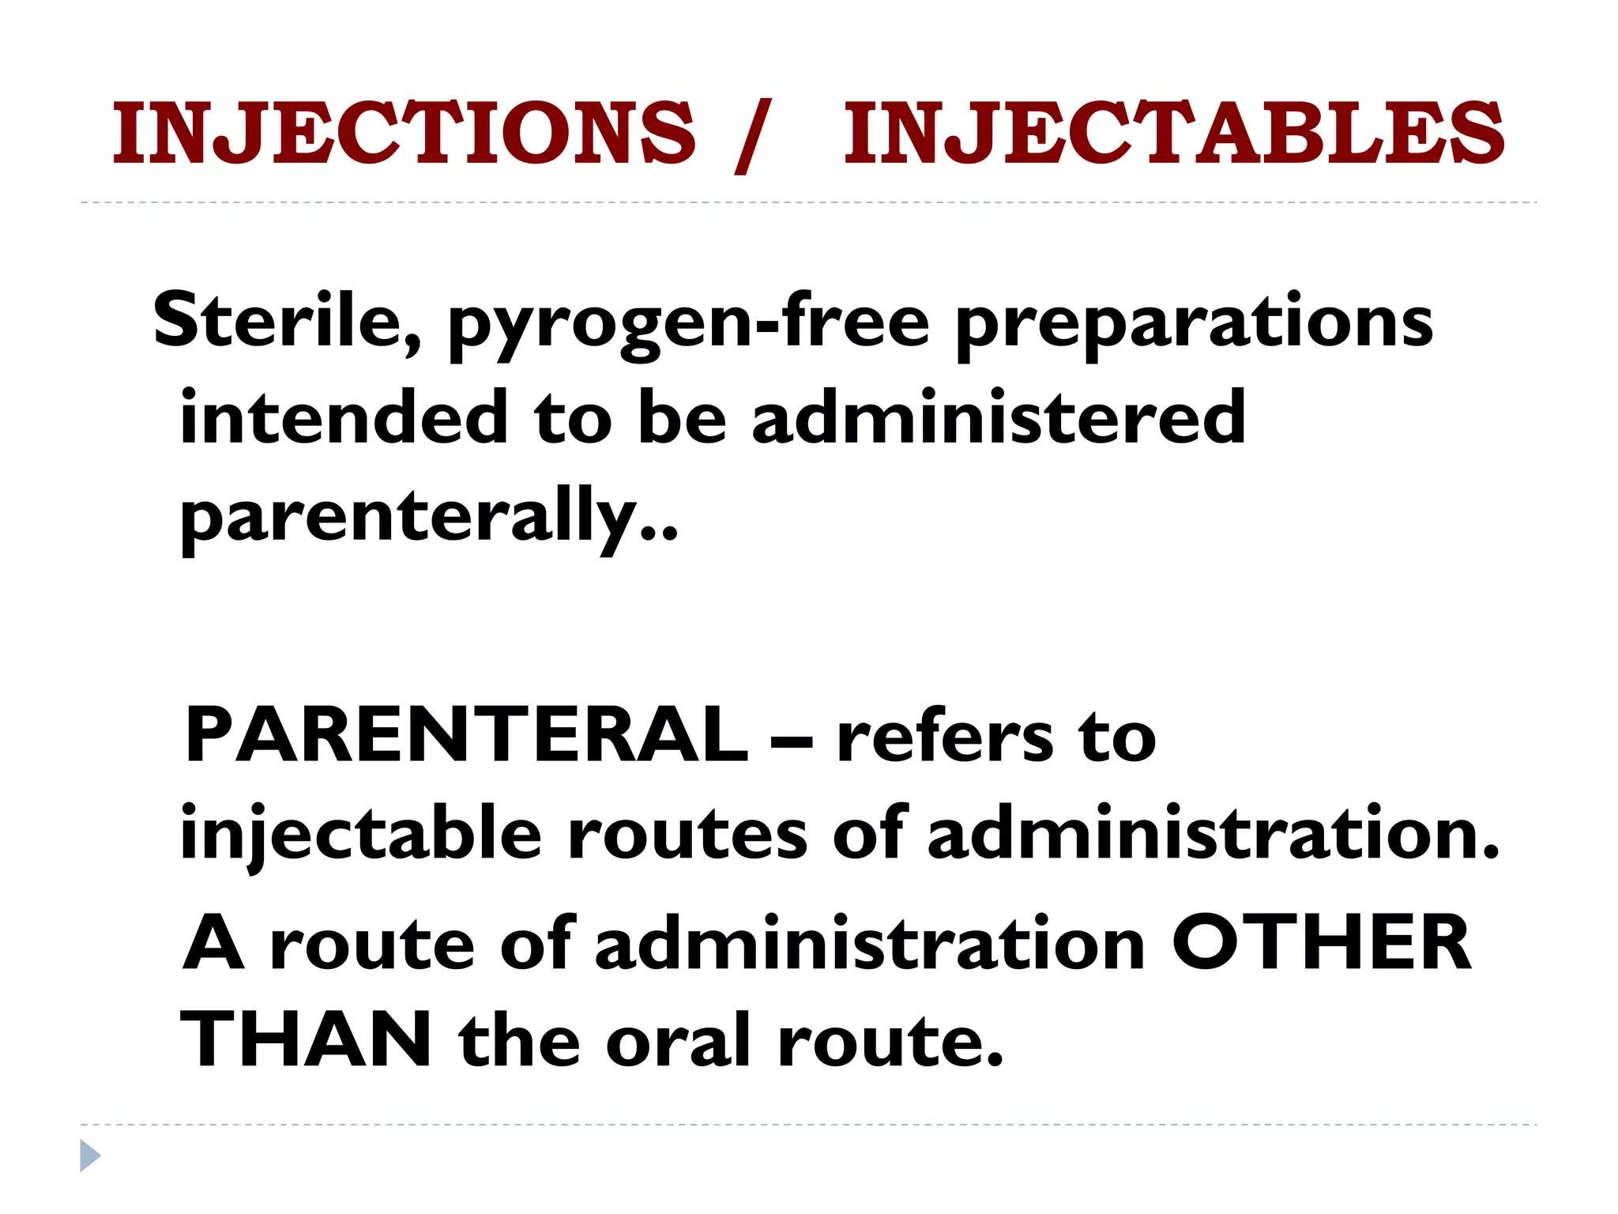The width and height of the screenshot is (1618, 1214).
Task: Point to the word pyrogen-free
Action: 689,324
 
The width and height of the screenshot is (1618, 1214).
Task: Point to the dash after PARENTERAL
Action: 792,740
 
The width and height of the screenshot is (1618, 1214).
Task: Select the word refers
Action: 945,738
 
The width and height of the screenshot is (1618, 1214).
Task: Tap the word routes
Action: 687,836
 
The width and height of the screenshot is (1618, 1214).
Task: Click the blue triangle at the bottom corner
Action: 90,1156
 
